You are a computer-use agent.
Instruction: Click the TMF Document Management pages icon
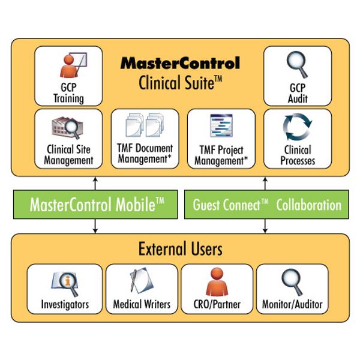pyautogui.click(x=145, y=125)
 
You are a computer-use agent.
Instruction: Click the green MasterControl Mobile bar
pyautogui.click(x=97, y=205)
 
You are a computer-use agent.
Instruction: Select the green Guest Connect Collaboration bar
pyautogui.click(x=266, y=205)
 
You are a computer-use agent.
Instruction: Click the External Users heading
pyautogui.click(x=179, y=248)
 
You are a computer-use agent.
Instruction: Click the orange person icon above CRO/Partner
pyautogui.click(x=217, y=281)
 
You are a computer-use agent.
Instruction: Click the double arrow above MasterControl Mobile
pyautogui.click(x=94, y=183)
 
